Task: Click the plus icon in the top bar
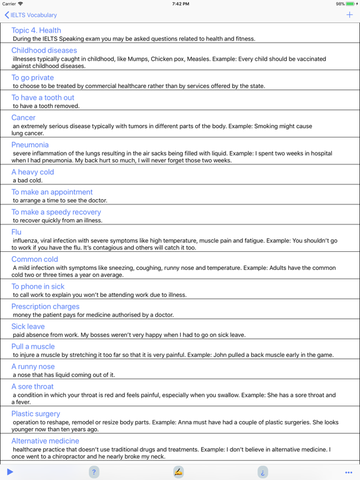[x=349, y=15]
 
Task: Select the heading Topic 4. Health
[x=36, y=30]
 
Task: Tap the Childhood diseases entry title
[x=44, y=50]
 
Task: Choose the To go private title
[x=32, y=77]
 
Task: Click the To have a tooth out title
[x=42, y=97]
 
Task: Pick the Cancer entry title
[x=24, y=117]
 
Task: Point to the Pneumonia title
[x=30, y=145]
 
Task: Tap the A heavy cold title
[x=32, y=172]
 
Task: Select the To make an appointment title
[x=52, y=192]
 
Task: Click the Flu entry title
[x=16, y=232]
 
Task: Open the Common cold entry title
[x=34, y=259]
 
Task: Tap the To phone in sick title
[x=38, y=286]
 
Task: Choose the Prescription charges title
[x=46, y=306]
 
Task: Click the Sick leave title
[x=28, y=326]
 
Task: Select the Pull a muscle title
[x=33, y=346]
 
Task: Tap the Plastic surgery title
[x=36, y=414]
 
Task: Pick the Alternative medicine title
[x=46, y=441]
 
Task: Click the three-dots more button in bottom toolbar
[x=349, y=472]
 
